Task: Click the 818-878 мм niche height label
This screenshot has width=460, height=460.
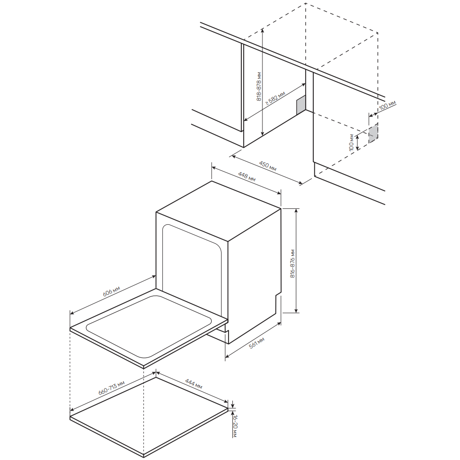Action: (x=259, y=86)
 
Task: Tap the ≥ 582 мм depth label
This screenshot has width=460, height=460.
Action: (x=275, y=98)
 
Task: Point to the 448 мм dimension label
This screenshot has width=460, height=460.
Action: (x=247, y=176)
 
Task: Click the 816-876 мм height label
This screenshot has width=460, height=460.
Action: (x=293, y=263)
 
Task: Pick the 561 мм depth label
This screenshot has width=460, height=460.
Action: (x=257, y=343)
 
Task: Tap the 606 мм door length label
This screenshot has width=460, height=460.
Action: (x=111, y=291)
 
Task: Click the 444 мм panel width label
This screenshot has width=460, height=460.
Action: (x=194, y=384)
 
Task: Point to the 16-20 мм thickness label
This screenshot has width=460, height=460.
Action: (x=235, y=426)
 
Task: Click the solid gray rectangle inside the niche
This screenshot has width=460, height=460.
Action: (x=301, y=105)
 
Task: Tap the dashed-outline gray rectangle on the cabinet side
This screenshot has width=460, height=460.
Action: (x=373, y=133)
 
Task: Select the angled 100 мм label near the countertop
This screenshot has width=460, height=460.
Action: (x=387, y=105)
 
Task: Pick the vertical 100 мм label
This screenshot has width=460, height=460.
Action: (x=351, y=143)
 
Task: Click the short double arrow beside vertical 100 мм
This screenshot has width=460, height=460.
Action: (x=357, y=143)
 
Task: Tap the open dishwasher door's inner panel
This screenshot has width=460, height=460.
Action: (x=149, y=327)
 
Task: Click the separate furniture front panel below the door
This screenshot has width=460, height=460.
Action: (x=149, y=417)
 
